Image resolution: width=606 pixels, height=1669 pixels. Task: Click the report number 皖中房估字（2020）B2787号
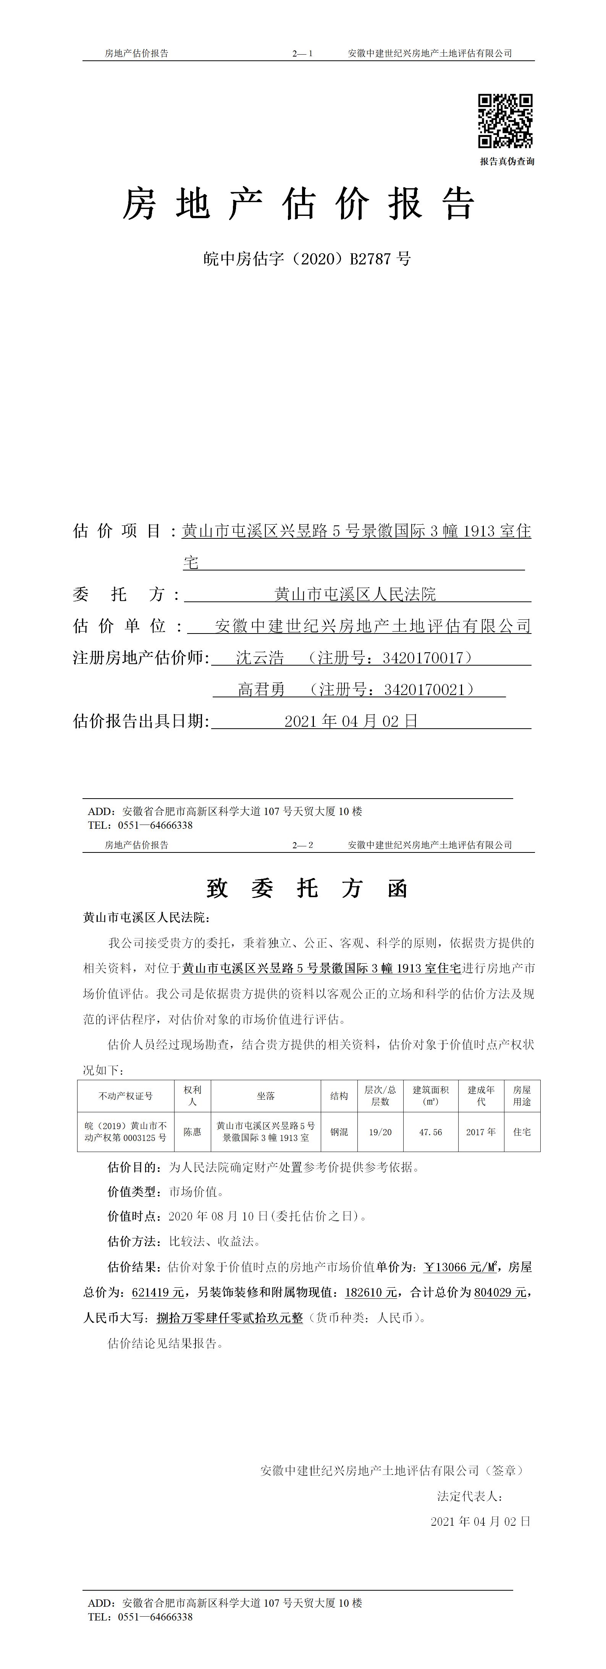click(307, 259)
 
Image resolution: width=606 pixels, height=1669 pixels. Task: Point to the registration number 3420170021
click(425, 689)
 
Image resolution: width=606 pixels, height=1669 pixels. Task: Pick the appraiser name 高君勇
click(262, 689)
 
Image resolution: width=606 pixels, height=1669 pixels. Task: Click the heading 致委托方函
click(307, 888)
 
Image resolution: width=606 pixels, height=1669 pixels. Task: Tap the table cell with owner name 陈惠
click(192, 1132)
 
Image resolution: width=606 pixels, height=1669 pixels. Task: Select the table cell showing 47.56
click(431, 1132)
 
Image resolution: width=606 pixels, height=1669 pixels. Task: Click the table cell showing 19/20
click(380, 1132)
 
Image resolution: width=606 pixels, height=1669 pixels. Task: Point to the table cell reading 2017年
click(481, 1132)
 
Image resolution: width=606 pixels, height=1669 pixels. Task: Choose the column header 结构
click(339, 1095)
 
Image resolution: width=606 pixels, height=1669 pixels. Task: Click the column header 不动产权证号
click(126, 1095)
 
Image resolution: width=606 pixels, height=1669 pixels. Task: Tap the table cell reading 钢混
click(339, 1132)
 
